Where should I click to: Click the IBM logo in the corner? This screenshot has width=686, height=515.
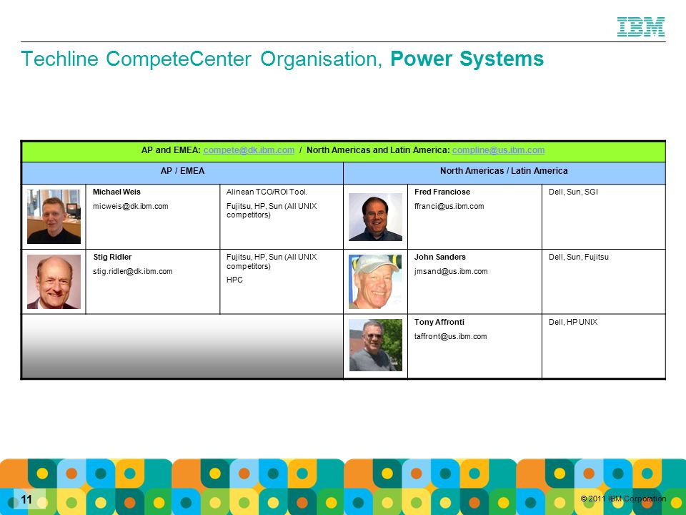click(x=641, y=26)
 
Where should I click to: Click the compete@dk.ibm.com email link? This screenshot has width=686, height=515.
click(x=249, y=150)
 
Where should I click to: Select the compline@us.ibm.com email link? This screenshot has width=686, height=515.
click(x=498, y=150)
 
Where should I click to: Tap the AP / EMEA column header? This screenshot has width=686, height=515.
click(x=182, y=171)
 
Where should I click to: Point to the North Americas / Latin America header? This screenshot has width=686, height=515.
click(x=504, y=171)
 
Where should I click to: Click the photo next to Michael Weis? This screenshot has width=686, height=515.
click(x=54, y=216)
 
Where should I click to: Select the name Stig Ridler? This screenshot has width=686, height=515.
click(x=112, y=257)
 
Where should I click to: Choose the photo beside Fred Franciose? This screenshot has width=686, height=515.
click(x=375, y=217)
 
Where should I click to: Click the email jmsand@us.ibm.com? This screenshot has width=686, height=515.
click(x=451, y=272)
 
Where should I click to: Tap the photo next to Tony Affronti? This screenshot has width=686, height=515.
click(x=375, y=345)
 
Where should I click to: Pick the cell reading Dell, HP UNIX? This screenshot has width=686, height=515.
click(x=573, y=323)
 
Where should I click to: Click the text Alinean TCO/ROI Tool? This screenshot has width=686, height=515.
click(x=267, y=192)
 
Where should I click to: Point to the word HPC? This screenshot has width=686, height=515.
click(x=234, y=280)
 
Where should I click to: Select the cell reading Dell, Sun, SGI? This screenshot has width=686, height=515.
click(x=573, y=192)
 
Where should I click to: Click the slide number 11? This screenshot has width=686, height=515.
click(x=26, y=500)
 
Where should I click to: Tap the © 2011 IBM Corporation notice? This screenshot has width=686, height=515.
click(x=623, y=499)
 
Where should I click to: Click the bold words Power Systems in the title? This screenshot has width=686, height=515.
click(x=467, y=59)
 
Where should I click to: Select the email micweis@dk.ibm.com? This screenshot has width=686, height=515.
click(x=130, y=206)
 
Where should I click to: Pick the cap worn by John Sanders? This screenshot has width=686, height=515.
click(x=377, y=263)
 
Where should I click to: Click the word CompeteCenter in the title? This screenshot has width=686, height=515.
click(x=179, y=59)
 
